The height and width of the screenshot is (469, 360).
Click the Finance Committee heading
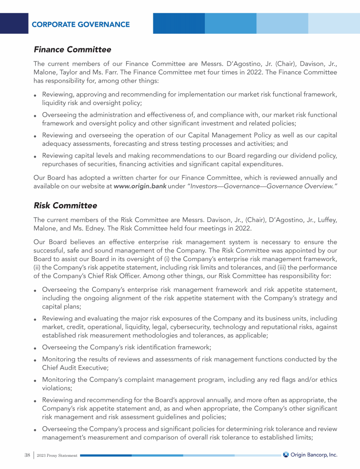(x=72, y=49)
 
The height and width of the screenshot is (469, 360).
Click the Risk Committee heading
(x=66, y=205)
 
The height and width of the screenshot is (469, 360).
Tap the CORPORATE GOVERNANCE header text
(x=81, y=24)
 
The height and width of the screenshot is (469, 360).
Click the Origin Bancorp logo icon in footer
(x=286, y=454)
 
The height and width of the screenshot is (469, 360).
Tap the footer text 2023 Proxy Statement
(x=57, y=455)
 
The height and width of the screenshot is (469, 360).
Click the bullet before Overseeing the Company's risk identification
(x=36, y=348)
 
